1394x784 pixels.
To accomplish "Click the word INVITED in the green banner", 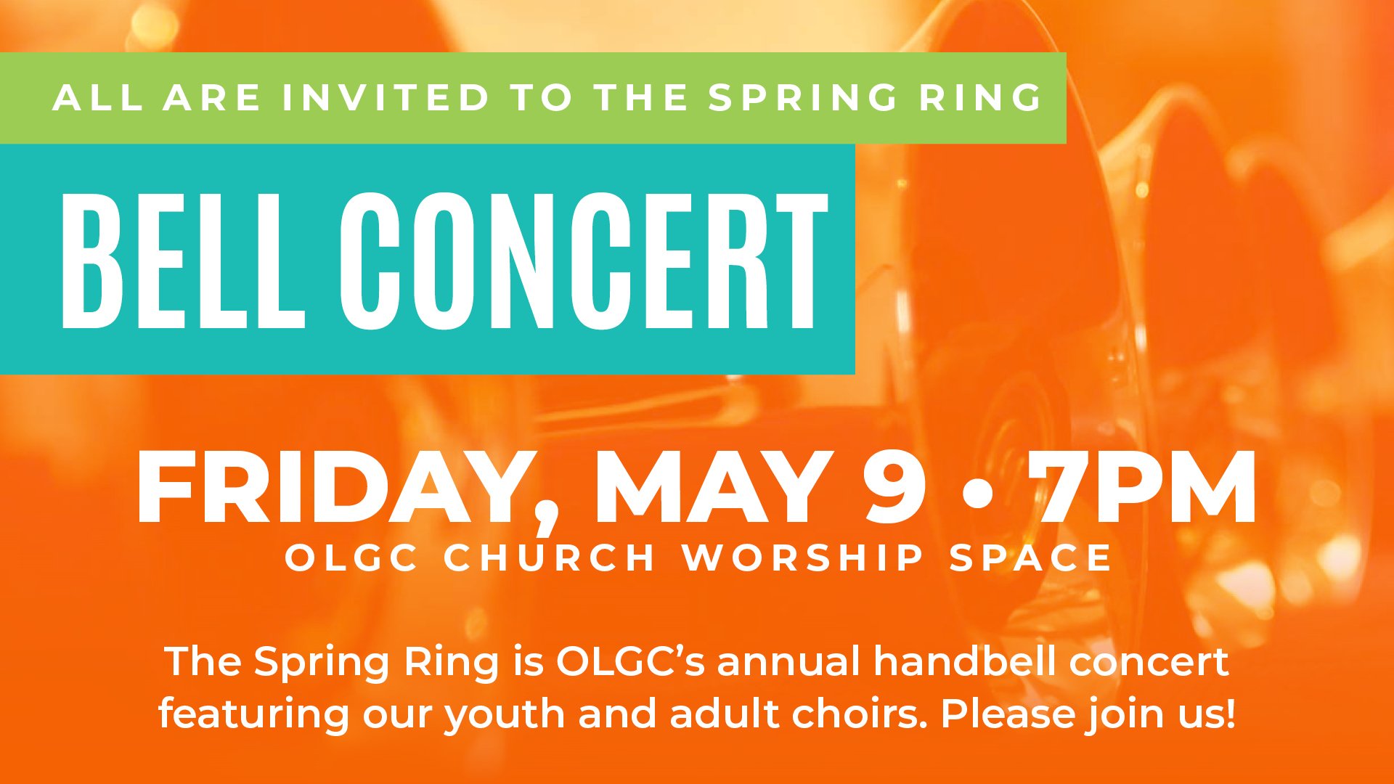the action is [386, 98].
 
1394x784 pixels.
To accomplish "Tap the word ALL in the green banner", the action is [97, 98].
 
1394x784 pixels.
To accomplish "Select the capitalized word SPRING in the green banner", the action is [803, 98].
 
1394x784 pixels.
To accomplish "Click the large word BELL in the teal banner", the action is [183, 261].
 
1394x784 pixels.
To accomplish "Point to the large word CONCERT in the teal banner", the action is [583, 261].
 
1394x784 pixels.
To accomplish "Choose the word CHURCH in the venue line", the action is [550, 558].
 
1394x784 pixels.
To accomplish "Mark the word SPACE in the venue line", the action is [1031, 558].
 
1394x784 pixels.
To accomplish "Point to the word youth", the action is [505, 715].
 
